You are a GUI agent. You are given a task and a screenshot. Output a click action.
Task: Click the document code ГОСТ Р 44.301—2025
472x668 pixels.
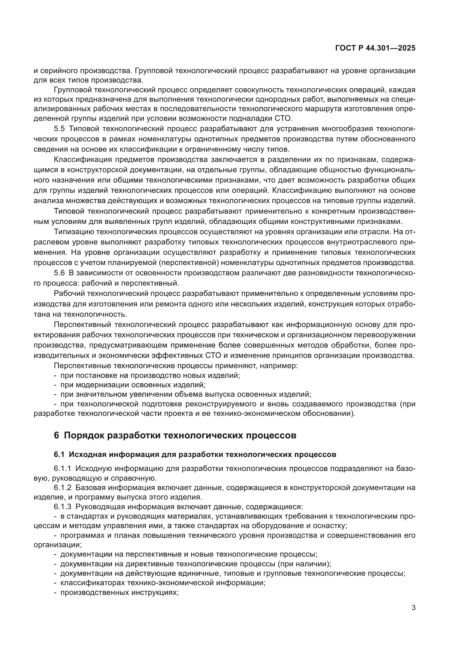[x=375, y=48]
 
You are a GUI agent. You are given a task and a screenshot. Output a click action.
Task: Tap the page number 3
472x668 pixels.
[x=413, y=608]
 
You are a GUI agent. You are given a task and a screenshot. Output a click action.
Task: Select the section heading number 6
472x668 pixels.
[x=57, y=436]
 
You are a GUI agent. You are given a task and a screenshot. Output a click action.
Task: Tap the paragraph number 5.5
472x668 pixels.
[x=59, y=129]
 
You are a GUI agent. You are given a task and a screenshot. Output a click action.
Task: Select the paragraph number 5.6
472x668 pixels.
[x=59, y=273]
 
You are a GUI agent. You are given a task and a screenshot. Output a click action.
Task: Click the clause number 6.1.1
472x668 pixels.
[x=62, y=468]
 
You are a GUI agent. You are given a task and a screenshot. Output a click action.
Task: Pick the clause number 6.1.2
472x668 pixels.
[x=62, y=488]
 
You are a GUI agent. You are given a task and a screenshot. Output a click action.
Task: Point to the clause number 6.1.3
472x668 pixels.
[x=62, y=507]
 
